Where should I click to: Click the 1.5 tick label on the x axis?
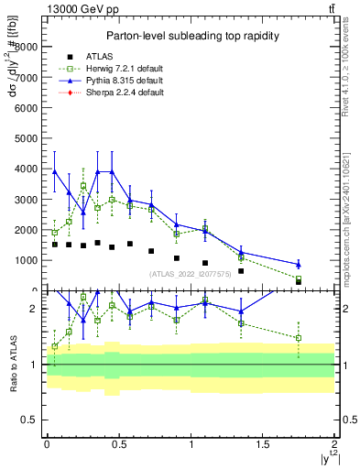coord(262,444)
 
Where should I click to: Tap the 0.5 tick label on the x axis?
coord(118,444)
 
